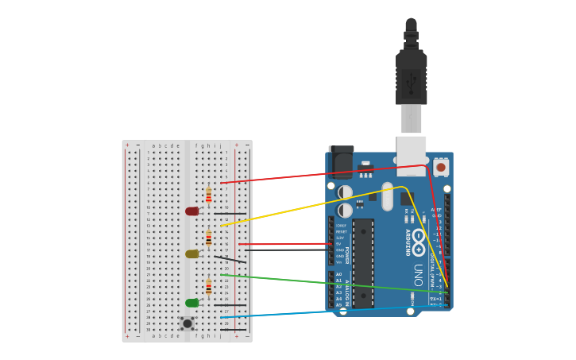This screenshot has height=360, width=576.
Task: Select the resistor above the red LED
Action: (x=209, y=195)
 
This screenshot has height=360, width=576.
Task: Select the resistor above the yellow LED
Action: (x=209, y=238)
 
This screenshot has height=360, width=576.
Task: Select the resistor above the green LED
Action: (x=209, y=287)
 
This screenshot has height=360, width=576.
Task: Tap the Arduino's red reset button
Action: (x=441, y=167)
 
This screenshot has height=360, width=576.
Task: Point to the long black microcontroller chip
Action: (x=363, y=263)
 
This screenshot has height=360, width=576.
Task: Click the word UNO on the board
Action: (x=418, y=275)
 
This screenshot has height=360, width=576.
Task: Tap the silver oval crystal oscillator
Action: (x=388, y=196)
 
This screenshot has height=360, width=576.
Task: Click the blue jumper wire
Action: (x=318, y=310)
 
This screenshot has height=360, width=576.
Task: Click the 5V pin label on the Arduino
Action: (x=339, y=244)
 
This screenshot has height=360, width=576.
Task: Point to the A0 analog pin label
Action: (x=338, y=275)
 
